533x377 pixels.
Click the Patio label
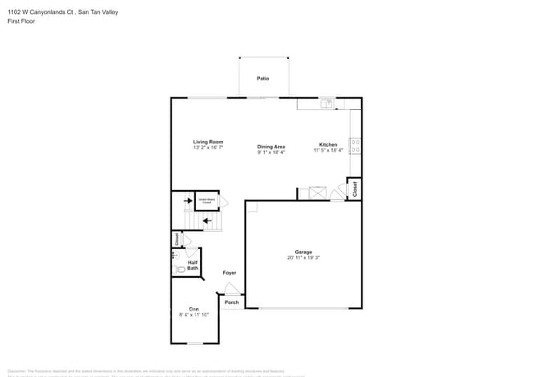tap(262, 79)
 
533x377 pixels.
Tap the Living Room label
tap(208, 142)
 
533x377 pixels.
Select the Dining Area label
tap(271, 147)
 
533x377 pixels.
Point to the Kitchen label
tap(328, 145)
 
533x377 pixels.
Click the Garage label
tap(303, 252)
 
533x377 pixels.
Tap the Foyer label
tap(230, 273)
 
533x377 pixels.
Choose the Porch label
tap(232, 302)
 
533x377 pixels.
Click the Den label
tap(194, 309)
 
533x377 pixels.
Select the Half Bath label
tap(193, 265)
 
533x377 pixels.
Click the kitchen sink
tap(326, 103)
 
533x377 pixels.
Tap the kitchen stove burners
tap(356, 146)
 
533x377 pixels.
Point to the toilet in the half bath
tap(180, 269)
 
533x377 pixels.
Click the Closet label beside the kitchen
tap(355, 188)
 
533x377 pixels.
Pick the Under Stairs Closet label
tap(207, 200)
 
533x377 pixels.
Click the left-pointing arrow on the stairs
tap(207, 220)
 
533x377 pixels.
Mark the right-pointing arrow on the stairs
tap(186, 200)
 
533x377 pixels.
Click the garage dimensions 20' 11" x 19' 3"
tap(303, 257)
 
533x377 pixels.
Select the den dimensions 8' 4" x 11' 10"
tap(194, 315)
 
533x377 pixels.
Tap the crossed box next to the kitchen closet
tap(318, 193)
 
